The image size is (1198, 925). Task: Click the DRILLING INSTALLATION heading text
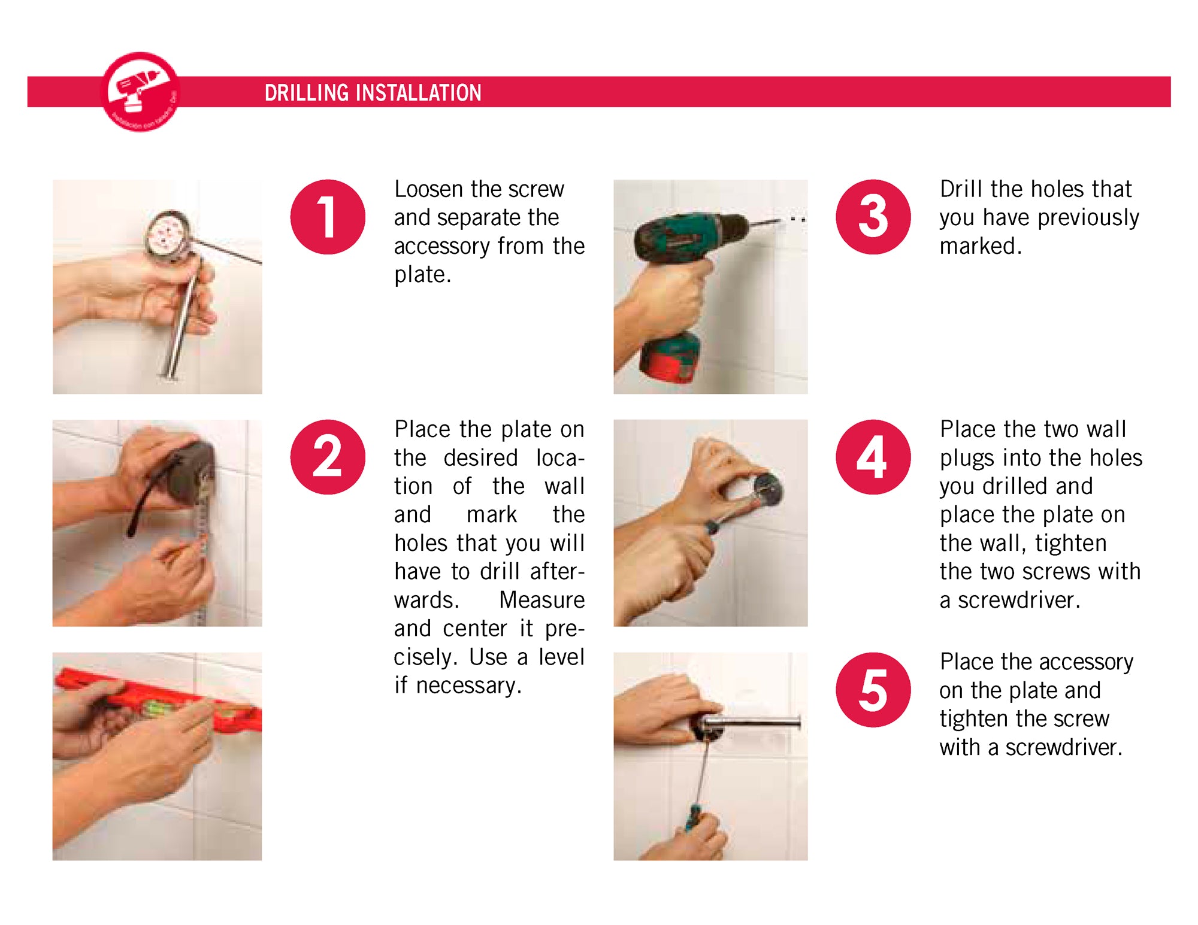373,93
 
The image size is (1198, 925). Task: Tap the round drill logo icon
141,92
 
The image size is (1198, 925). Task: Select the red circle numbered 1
328,217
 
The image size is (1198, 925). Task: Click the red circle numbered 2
328,457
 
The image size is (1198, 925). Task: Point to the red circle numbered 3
873,217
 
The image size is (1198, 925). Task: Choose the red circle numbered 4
873,457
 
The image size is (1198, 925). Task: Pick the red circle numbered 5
873,690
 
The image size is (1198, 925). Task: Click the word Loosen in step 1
429,189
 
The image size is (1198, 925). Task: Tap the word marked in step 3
981,246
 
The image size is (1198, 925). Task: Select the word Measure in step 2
542,600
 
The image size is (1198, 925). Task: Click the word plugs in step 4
968,459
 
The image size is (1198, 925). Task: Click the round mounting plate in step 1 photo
170,236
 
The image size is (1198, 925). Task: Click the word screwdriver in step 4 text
1019,600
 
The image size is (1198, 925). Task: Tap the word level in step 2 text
561,657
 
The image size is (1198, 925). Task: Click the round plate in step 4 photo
767,490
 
